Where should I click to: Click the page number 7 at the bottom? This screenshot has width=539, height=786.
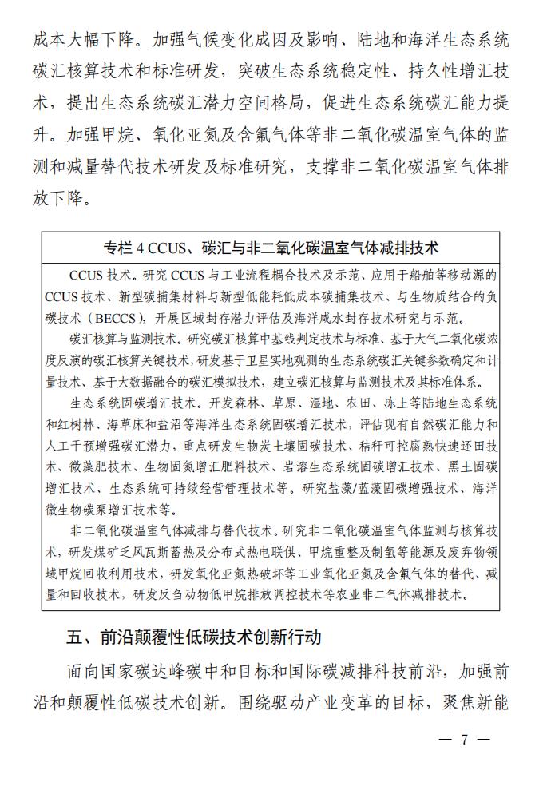[x=463, y=739]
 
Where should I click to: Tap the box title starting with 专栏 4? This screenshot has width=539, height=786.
[x=271, y=246]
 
